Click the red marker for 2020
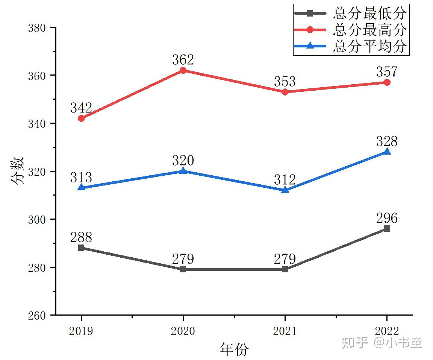(183, 70)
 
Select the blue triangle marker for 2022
(387, 151)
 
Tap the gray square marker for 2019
(81, 248)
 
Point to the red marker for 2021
(285, 92)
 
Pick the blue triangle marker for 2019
(81, 187)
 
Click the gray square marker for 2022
(387, 228)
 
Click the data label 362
(183, 60)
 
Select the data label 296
(387, 218)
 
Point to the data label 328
(387, 141)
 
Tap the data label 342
(81, 108)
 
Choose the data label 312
(285, 179)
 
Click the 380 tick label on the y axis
(37, 28)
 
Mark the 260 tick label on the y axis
(37, 316)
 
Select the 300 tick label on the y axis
(37, 220)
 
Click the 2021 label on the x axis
(285, 331)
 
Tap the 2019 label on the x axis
(81, 331)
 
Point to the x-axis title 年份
(234, 349)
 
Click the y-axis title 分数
(17, 171)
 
